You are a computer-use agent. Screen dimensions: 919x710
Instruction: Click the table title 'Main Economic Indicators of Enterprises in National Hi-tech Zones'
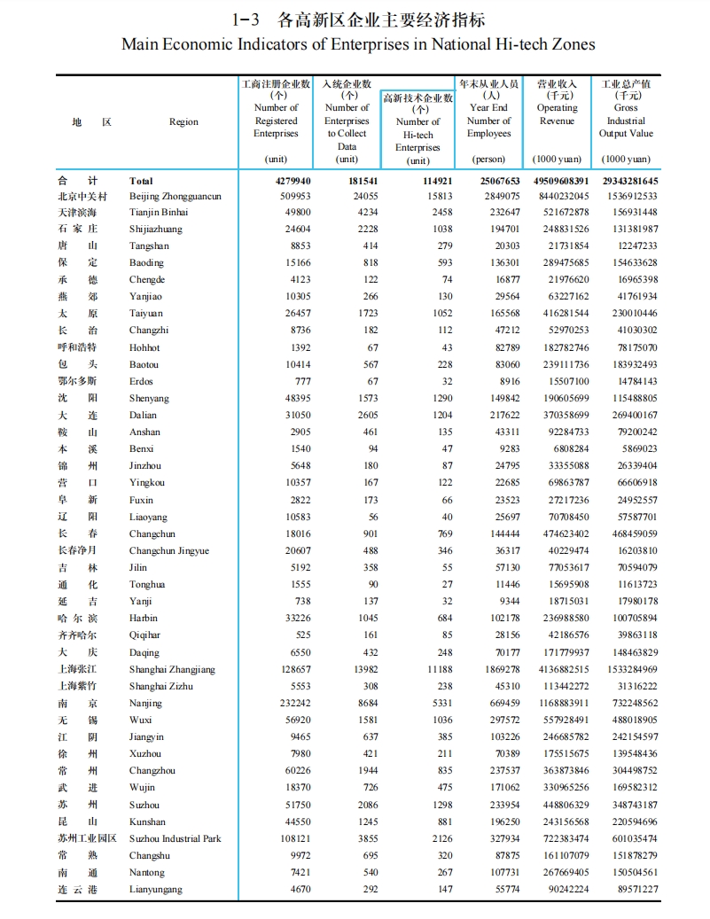[358, 43]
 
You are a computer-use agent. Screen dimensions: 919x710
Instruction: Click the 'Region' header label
[183, 121]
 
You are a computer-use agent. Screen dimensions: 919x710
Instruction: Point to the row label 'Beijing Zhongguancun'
[175, 196]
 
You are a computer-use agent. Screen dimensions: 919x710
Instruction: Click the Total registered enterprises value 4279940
[289, 180]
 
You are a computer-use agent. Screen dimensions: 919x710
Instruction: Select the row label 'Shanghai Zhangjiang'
[172, 669]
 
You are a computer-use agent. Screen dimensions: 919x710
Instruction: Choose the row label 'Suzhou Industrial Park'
[175, 838]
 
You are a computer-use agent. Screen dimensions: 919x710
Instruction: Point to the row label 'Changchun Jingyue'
[169, 550]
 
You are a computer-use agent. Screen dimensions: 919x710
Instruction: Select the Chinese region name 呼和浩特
[77, 347]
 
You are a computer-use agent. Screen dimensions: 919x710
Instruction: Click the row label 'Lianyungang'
[155, 889]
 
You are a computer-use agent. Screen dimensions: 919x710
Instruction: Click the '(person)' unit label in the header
[489, 160]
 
